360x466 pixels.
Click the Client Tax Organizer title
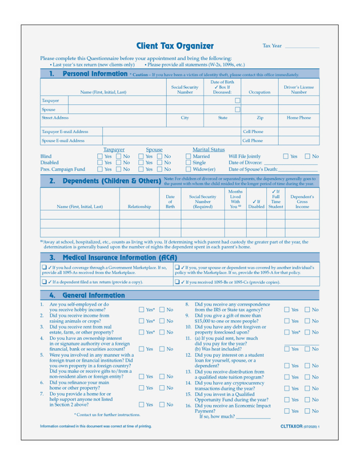click(175, 46)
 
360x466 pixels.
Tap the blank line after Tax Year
click(302, 47)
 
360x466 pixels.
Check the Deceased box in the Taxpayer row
click(238, 101)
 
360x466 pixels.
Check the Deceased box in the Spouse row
click(238, 109)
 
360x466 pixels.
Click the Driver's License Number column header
click(299, 90)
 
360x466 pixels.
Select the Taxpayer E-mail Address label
click(65, 132)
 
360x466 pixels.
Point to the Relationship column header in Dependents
click(139, 207)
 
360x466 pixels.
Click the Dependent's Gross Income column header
click(302, 202)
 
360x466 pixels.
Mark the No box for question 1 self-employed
click(162, 310)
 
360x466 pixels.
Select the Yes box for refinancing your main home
click(142, 388)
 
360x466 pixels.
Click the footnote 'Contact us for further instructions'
click(107, 415)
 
